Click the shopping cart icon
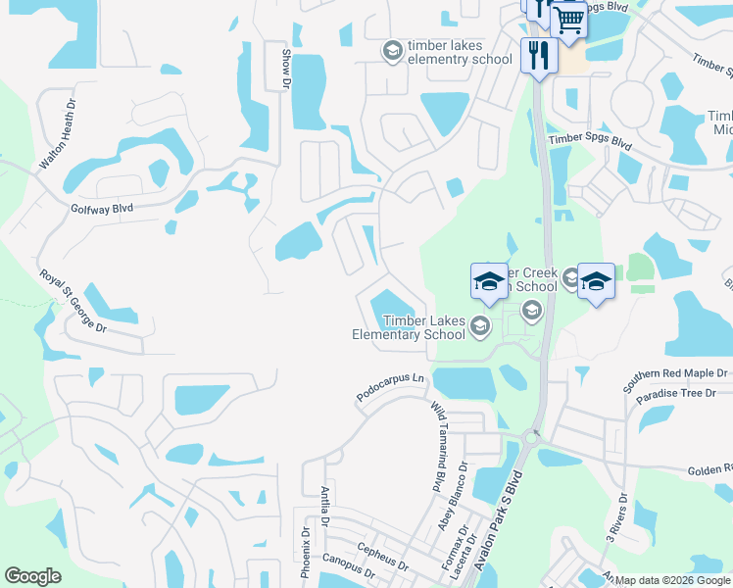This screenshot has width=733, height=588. coord(569,21)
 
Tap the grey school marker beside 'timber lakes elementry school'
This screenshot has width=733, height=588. coord(392,51)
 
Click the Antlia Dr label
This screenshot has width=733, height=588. coord(324,505)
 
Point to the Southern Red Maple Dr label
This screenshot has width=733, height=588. coord(676,381)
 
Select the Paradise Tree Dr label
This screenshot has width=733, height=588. coord(680,399)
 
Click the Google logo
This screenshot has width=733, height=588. coord(32,576)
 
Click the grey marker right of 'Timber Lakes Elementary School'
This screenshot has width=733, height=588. coord(480,326)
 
